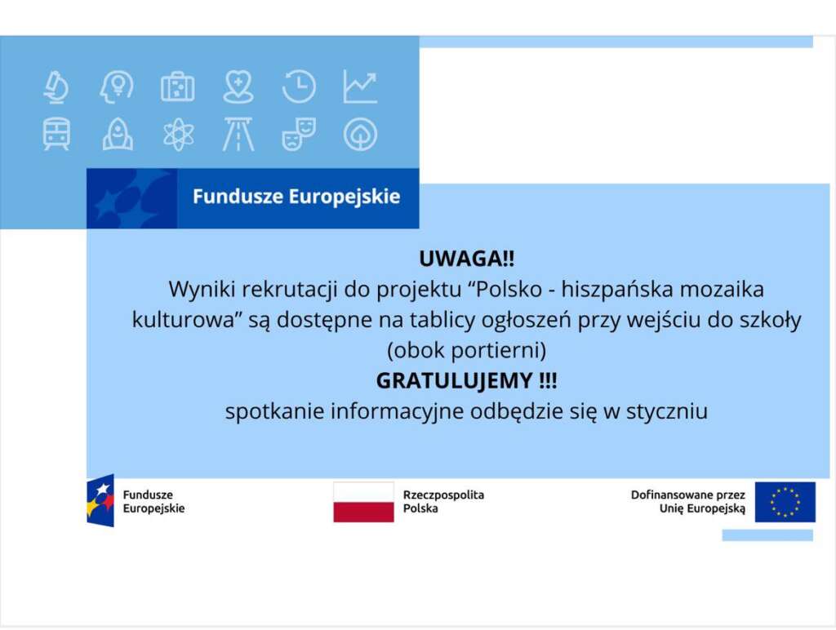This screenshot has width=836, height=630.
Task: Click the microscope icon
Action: [x=56, y=87]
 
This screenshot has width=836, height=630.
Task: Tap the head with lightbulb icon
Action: [x=117, y=87]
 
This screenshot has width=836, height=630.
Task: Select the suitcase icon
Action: [x=177, y=87]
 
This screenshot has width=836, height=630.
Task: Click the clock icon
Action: [x=299, y=87]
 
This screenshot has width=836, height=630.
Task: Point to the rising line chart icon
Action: [x=360, y=87]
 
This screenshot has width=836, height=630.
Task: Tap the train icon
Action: [x=56, y=134]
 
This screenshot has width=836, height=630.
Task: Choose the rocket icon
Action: [x=118, y=134]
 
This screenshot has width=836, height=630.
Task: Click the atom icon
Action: [x=179, y=134]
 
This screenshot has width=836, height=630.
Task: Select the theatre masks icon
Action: [x=299, y=134]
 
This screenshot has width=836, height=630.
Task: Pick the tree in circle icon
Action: [x=360, y=134]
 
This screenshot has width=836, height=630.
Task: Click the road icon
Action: [x=238, y=134]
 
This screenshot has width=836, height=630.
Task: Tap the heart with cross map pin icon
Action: [x=238, y=87]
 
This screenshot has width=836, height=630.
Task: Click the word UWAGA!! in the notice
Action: [x=466, y=259]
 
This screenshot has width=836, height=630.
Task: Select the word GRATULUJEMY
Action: [x=454, y=380]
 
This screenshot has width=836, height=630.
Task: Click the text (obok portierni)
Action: [x=466, y=350]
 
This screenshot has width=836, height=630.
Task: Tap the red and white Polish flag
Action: [x=363, y=502]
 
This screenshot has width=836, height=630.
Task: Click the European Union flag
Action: [x=785, y=502]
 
